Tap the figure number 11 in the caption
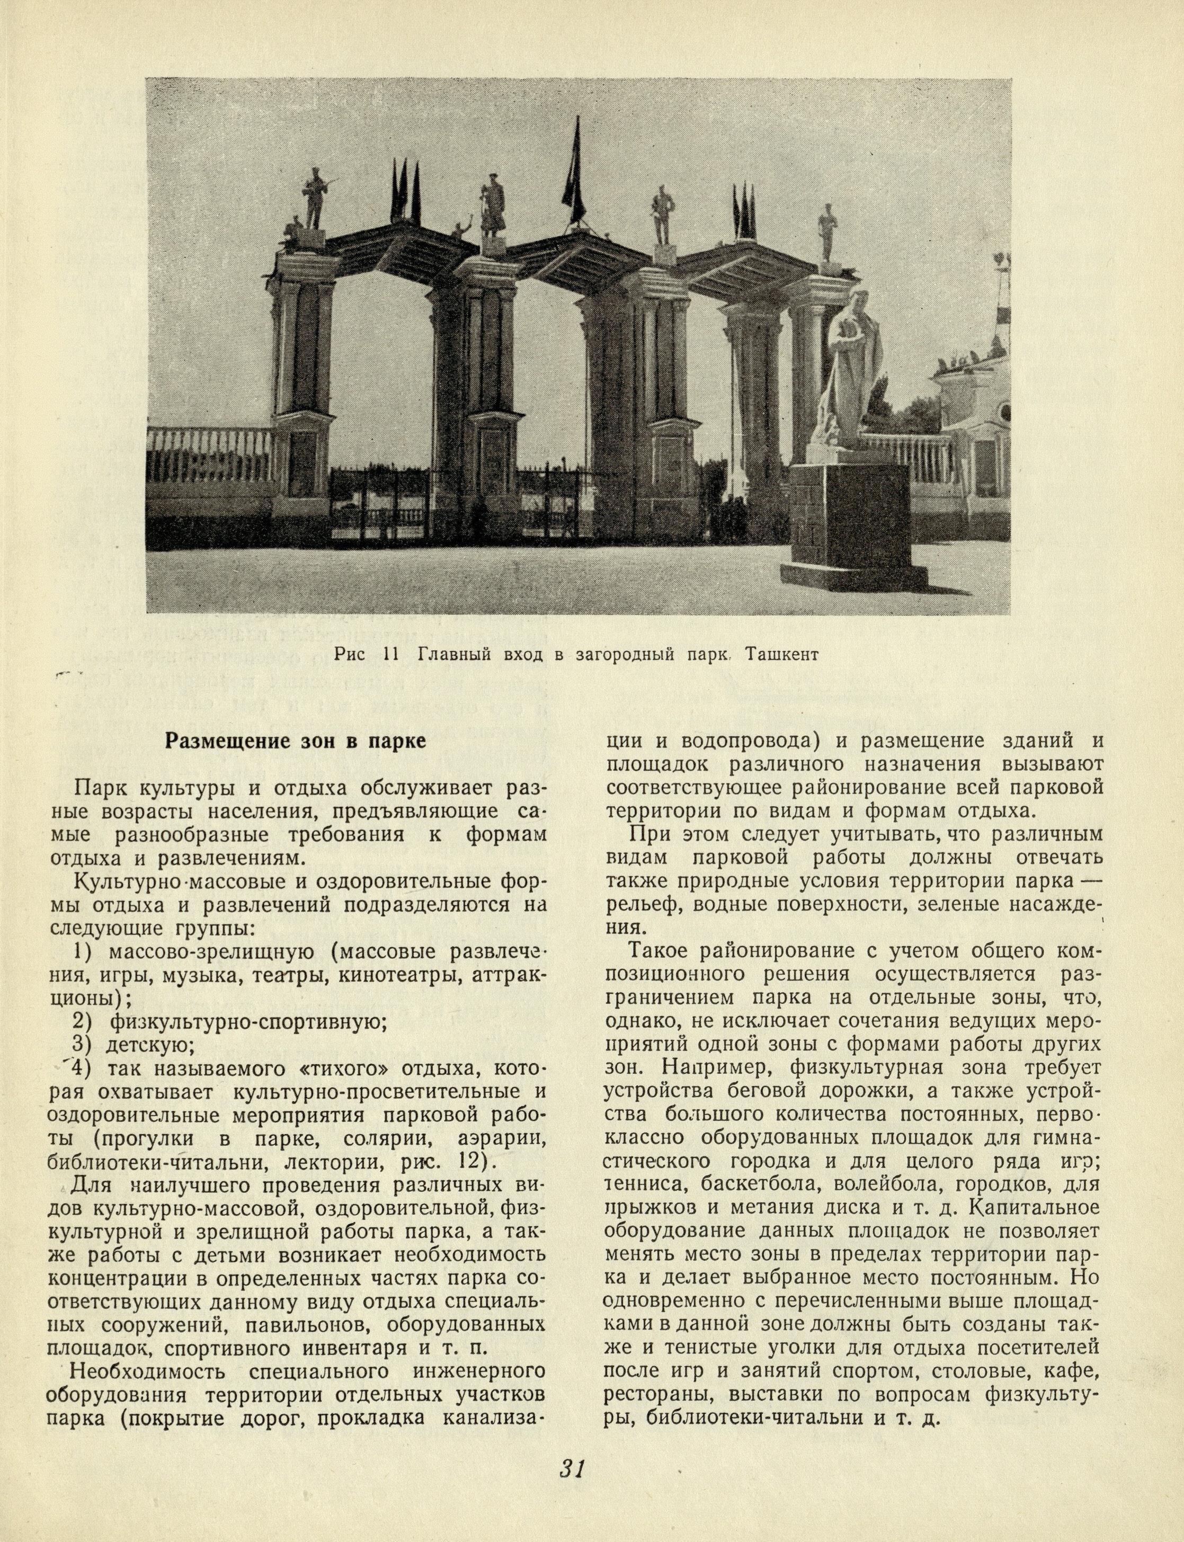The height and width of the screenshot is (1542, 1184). point(390,655)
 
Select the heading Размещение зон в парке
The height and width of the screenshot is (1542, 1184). point(295,742)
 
